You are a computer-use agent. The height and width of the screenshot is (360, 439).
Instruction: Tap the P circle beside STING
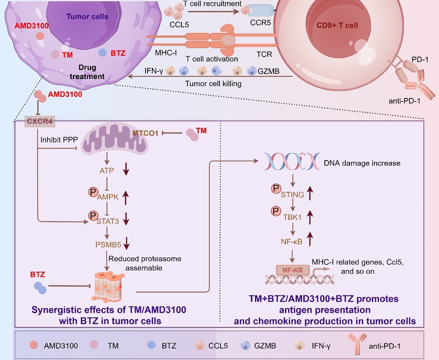pyautogui.click(x=275, y=192)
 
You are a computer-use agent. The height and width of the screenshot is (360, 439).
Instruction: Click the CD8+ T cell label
pyautogui.click(x=337, y=25)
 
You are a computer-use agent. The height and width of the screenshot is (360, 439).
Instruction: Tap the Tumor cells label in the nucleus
pyautogui.click(x=87, y=17)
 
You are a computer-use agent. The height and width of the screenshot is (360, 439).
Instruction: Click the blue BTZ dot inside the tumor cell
pyautogui.click(x=102, y=53)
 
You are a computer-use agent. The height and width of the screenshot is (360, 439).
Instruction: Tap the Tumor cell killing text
pyautogui.click(x=213, y=84)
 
